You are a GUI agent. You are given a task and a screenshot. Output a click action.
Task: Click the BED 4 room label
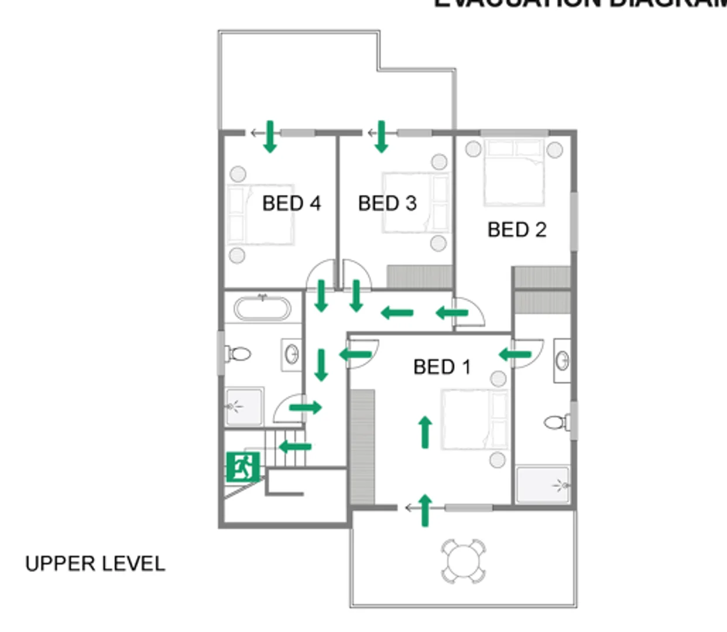(x=291, y=203)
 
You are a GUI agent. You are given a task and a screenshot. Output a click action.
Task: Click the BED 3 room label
(x=387, y=203)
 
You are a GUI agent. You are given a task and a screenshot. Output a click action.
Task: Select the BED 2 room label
(x=517, y=229)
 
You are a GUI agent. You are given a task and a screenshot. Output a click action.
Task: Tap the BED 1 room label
(x=442, y=367)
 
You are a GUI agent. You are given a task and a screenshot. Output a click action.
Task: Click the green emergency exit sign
(x=242, y=467)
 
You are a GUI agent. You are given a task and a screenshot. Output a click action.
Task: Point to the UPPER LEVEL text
(x=95, y=564)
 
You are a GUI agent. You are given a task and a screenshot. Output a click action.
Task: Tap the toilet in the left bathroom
(x=239, y=353)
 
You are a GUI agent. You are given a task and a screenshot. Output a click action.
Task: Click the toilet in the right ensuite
(x=557, y=421)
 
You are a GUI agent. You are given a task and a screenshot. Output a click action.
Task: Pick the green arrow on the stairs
(x=295, y=447)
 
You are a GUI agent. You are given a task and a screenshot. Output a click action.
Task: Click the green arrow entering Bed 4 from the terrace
(x=269, y=136)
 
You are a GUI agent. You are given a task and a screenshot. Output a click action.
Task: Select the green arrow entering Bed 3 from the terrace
(x=381, y=136)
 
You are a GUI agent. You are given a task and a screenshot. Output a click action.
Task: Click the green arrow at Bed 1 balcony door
(x=425, y=510)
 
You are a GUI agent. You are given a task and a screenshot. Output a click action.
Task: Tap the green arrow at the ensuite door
(x=515, y=354)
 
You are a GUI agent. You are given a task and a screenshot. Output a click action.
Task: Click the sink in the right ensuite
(x=562, y=360)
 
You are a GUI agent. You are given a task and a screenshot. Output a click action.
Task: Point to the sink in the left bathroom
(x=292, y=354)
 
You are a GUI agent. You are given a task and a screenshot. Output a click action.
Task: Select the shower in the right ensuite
(x=543, y=484)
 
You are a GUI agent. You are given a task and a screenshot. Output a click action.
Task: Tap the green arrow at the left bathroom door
(x=306, y=407)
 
